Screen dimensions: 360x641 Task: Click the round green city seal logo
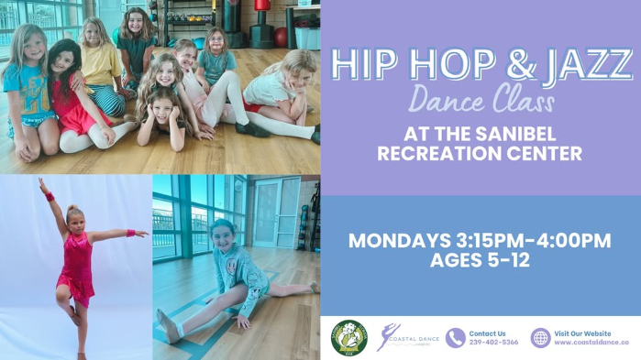(x=348, y=338)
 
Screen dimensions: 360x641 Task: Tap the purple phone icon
(x=455, y=338)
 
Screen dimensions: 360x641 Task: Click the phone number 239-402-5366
(x=493, y=343)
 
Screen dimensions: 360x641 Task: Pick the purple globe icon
(x=540, y=338)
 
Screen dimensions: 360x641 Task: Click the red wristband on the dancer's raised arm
(x=49, y=197)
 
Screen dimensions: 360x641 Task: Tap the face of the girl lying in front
(x=163, y=106)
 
